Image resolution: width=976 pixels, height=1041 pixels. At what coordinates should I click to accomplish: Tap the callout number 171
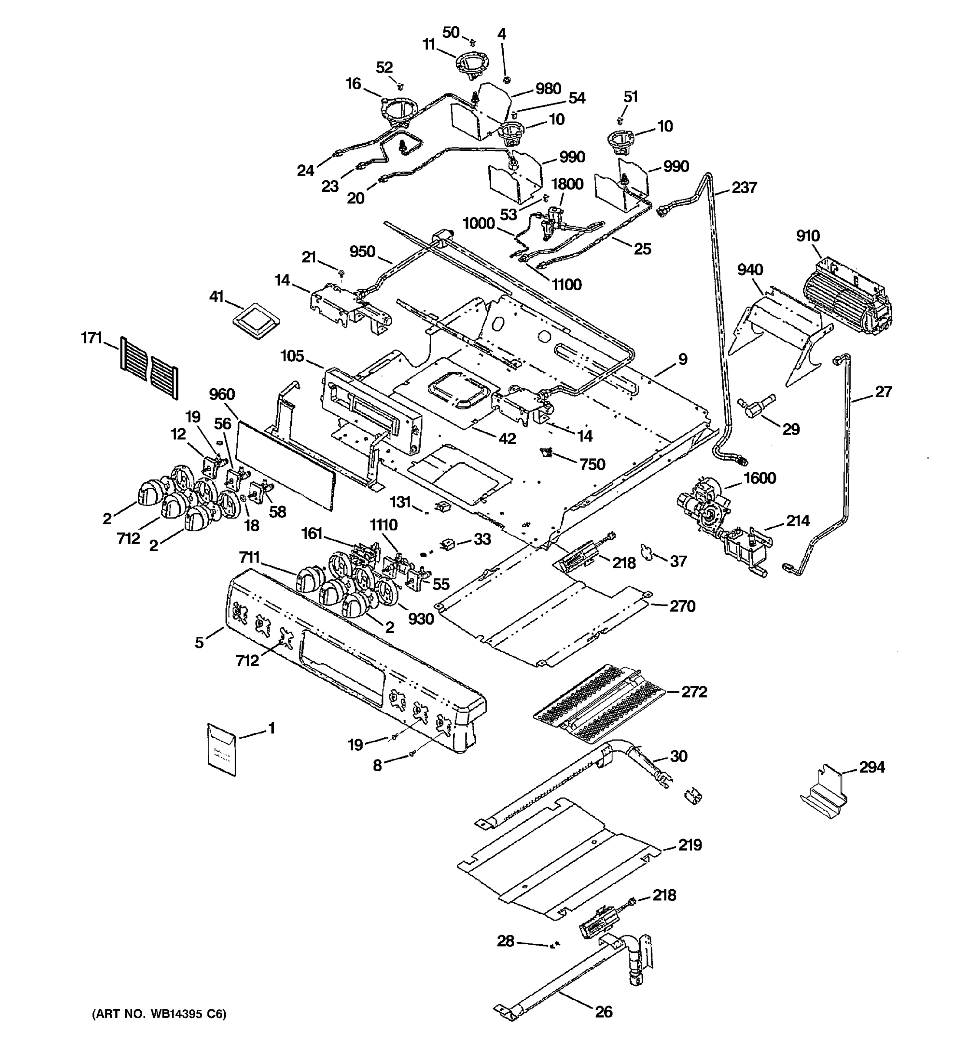click(91, 338)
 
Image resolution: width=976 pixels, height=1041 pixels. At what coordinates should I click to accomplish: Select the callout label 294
click(872, 767)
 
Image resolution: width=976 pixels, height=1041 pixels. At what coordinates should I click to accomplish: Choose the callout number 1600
click(760, 478)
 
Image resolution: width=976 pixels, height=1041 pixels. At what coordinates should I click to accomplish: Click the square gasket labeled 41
click(256, 321)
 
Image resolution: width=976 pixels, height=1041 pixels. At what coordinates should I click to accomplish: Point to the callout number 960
click(222, 394)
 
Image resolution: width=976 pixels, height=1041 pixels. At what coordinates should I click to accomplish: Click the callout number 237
click(743, 187)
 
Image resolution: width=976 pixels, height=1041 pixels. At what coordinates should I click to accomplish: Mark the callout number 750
click(592, 465)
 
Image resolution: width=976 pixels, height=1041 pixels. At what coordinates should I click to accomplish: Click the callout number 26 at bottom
click(603, 1012)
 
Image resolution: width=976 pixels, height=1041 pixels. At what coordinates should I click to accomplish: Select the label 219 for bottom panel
click(690, 845)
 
